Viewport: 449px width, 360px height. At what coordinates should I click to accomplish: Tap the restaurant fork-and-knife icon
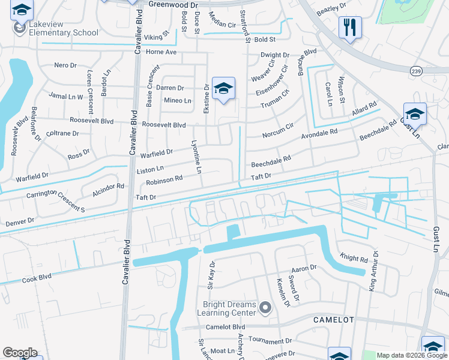tap(349, 26)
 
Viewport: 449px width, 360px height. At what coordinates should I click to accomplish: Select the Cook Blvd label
tap(37, 279)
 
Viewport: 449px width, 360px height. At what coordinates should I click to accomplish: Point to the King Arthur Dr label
tap(373, 271)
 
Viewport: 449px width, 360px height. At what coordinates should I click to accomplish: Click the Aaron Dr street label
tap(304, 269)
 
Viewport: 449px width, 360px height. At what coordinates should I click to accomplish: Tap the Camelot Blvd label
tap(225, 327)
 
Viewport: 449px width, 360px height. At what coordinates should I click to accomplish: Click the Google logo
tap(20, 353)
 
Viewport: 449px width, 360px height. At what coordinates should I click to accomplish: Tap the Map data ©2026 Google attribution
tap(412, 355)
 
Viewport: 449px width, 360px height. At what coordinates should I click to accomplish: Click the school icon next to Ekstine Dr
tap(223, 89)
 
